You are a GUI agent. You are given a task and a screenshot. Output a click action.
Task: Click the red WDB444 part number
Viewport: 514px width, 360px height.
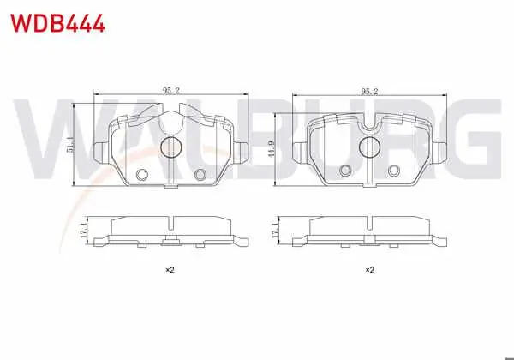click(57, 23)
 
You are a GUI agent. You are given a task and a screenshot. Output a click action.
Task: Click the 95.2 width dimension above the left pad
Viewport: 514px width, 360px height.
click(171, 91)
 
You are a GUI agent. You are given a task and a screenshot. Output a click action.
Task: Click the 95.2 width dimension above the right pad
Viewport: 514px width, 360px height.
click(369, 91)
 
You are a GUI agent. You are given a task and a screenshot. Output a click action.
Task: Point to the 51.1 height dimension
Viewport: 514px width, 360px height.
click(69, 145)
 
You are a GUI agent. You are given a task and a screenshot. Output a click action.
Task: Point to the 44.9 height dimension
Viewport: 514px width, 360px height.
click(271, 149)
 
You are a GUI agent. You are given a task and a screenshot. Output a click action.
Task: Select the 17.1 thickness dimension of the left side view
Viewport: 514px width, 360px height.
click(83, 231)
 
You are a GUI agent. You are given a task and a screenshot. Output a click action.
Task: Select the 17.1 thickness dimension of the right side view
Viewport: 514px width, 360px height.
click(275, 230)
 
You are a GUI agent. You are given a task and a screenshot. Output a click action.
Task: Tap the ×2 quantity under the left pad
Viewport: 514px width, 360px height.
click(170, 270)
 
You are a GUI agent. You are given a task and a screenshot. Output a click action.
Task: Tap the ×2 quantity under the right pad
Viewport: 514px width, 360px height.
click(369, 270)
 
